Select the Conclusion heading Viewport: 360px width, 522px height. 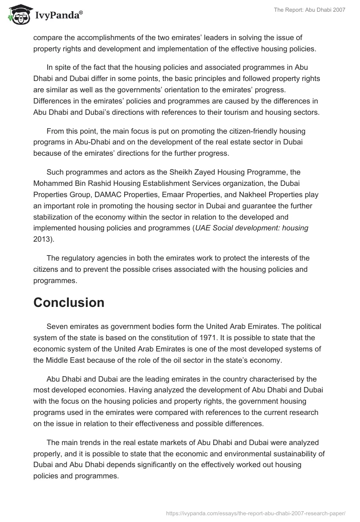69,302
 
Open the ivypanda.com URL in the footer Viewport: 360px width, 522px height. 256,513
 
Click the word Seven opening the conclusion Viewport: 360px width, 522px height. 58,326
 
